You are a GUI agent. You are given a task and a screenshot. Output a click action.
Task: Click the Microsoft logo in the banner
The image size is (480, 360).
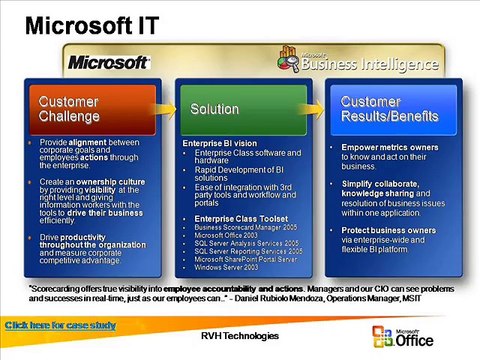pos(108,62)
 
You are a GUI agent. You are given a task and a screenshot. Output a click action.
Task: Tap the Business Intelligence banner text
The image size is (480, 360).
pos(372,66)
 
